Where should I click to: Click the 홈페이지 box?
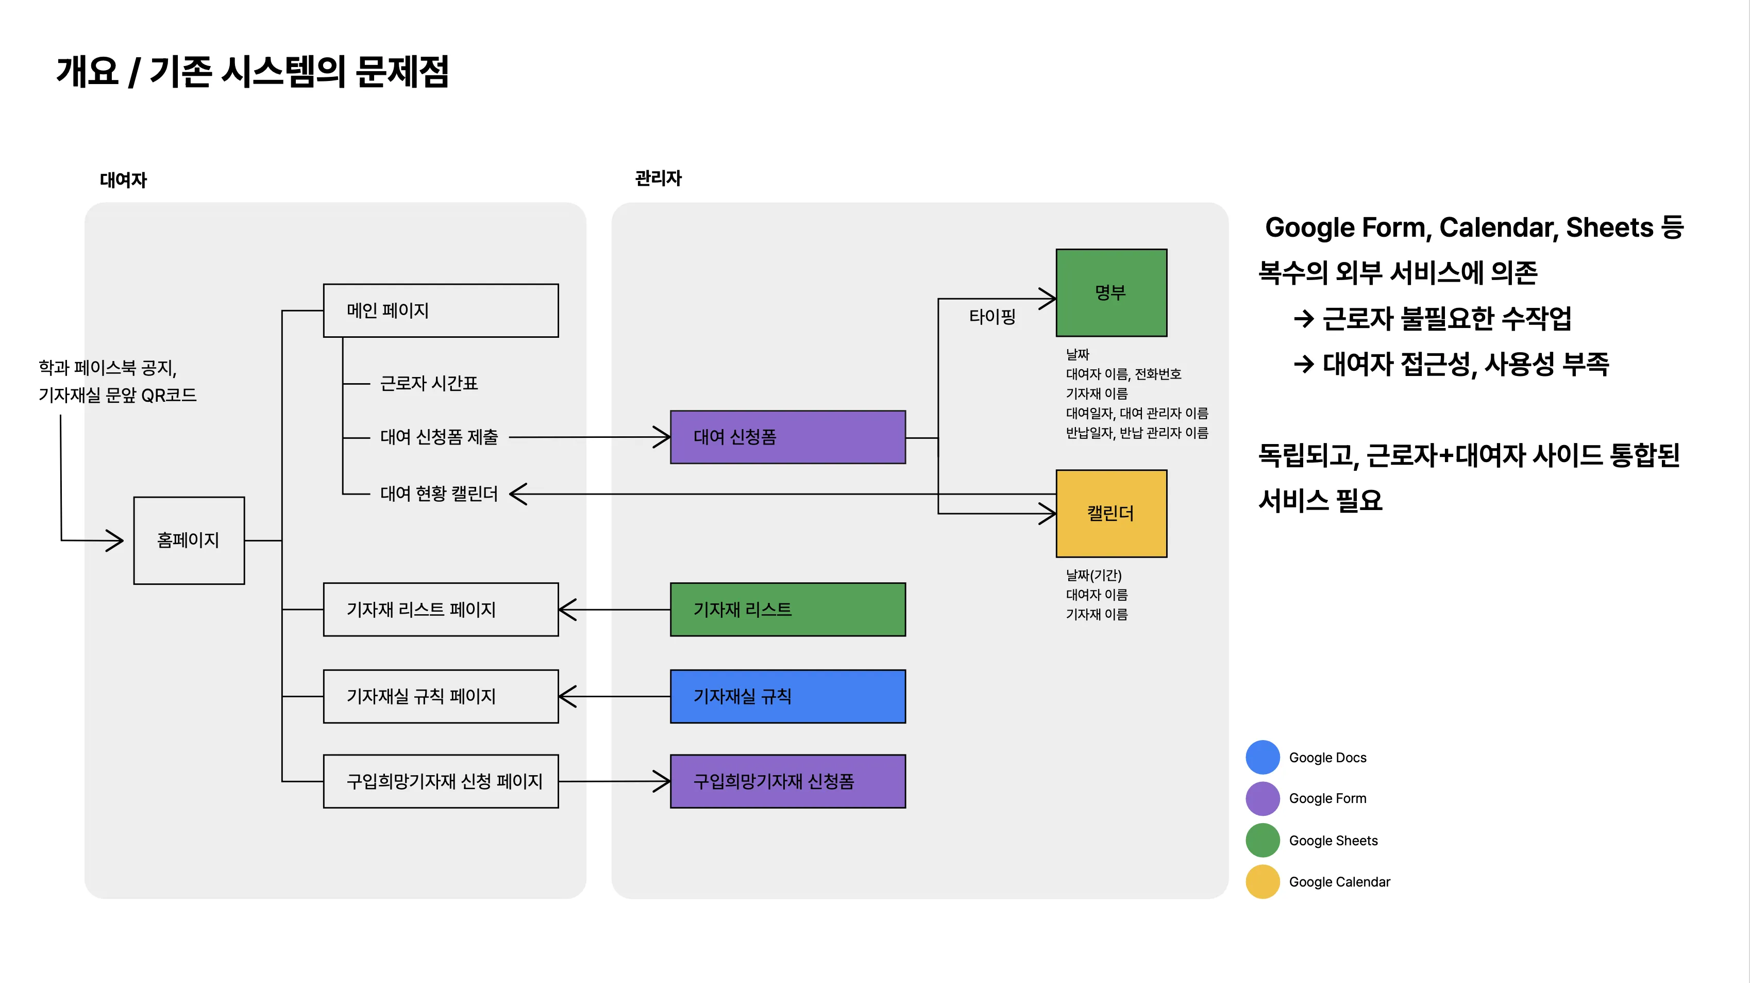tap(189, 540)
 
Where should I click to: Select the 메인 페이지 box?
tap(441, 310)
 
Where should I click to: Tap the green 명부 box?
tap(1112, 293)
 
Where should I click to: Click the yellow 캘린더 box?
tap(1112, 514)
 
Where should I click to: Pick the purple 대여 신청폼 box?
tap(788, 437)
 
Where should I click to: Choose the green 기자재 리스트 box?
tap(788, 610)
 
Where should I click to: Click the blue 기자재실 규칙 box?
tap(788, 696)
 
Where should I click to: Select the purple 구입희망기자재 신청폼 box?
tap(788, 781)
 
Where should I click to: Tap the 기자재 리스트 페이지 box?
tap(441, 610)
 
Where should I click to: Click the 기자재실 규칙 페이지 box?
tap(441, 696)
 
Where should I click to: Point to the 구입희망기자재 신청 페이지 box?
tap(441, 781)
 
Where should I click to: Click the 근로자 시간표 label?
tap(429, 383)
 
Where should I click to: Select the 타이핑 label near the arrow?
tap(992, 316)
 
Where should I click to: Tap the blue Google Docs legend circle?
tap(1263, 757)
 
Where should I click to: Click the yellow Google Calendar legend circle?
tap(1263, 882)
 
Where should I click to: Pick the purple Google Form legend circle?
tap(1263, 799)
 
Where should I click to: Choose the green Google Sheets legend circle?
tap(1263, 840)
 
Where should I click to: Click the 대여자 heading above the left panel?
tap(123, 180)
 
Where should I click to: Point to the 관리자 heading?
tap(658, 178)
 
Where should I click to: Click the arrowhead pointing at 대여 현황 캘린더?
tap(518, 494)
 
